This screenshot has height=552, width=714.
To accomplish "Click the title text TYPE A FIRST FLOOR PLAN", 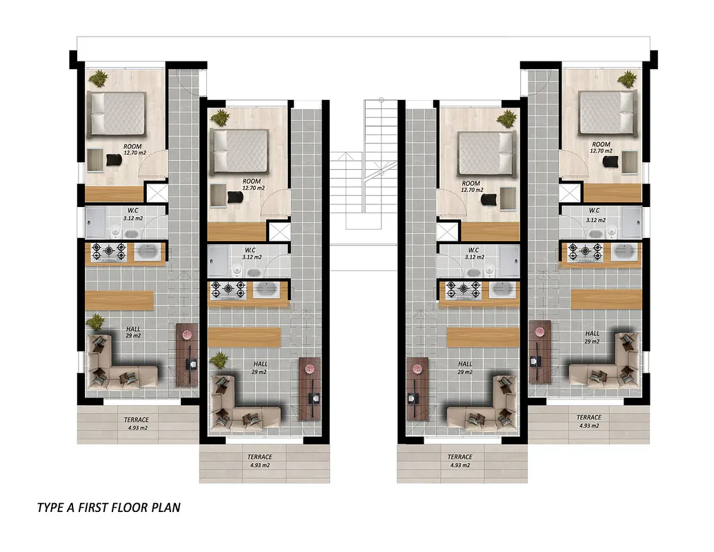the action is coord(109,507).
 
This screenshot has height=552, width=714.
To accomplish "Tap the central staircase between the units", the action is coord(364,182).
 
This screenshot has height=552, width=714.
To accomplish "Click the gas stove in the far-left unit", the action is coord(109,252).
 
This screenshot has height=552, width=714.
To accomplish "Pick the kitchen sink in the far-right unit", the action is coord(626,253).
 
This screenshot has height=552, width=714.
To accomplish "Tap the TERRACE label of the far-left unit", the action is coord(137,420).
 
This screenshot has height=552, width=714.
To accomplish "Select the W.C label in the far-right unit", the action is coord(594,210).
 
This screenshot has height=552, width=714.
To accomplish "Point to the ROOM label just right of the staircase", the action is coord(471,184).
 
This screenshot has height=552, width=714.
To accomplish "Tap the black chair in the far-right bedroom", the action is coord(610,161).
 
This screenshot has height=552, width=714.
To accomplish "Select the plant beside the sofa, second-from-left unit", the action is coord(219,360).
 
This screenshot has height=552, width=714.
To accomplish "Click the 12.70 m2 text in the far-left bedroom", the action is coord(135,153).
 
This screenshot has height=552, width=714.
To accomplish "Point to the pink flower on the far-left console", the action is coord(187,335).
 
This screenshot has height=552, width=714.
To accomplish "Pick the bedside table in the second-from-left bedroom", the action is coord(218,196).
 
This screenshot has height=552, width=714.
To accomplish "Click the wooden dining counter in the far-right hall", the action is coord(606,299).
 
